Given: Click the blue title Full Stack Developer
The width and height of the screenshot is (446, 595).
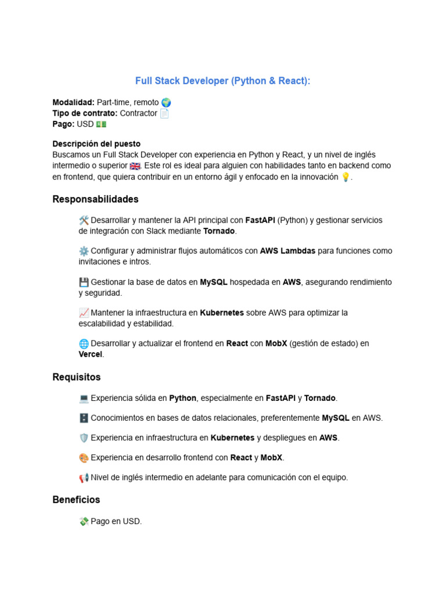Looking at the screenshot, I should click(x=223, y=81).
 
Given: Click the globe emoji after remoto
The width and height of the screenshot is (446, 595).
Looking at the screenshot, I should click(x=166, y=102).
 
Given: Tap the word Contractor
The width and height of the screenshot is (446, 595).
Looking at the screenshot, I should click(x=138, y=113).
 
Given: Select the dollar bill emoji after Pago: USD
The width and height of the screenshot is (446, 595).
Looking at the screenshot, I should click(x=101, y=124).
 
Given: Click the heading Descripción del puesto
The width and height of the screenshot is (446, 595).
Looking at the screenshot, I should click(x=96, y=144).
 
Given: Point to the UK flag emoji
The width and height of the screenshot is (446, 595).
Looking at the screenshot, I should click(x=135, y=166).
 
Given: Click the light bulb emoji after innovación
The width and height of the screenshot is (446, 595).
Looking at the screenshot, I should click(x=346, y=177).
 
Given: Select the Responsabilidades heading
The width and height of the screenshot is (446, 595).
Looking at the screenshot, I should click(x=95, y=199).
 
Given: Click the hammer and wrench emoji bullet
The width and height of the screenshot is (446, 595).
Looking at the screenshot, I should click(x=84, y=220).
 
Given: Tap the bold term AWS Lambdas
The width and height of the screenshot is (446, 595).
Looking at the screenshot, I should click(x=287, y=251).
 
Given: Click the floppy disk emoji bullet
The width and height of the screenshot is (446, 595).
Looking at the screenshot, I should click(x=84, y=282).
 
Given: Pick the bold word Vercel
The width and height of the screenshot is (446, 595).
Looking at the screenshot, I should click(x=90, y=354).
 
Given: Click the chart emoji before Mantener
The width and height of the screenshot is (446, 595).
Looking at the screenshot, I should click(x=84, y=313).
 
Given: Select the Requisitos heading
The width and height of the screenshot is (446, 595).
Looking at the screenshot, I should click(x=76, y=377).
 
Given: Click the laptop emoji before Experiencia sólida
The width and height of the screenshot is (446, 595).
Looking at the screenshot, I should click(x=84, y=398).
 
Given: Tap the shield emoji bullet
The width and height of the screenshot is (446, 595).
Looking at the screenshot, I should click(x=84, y=438).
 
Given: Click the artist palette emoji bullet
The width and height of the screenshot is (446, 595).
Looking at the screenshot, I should click(x=84, y=457).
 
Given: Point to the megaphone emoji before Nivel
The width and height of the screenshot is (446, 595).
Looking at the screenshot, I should click(x=84, y=478).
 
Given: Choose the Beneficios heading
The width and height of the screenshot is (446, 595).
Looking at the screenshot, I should click(x=76, y=500).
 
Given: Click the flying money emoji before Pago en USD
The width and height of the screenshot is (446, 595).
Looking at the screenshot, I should click(x=84, y=521).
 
